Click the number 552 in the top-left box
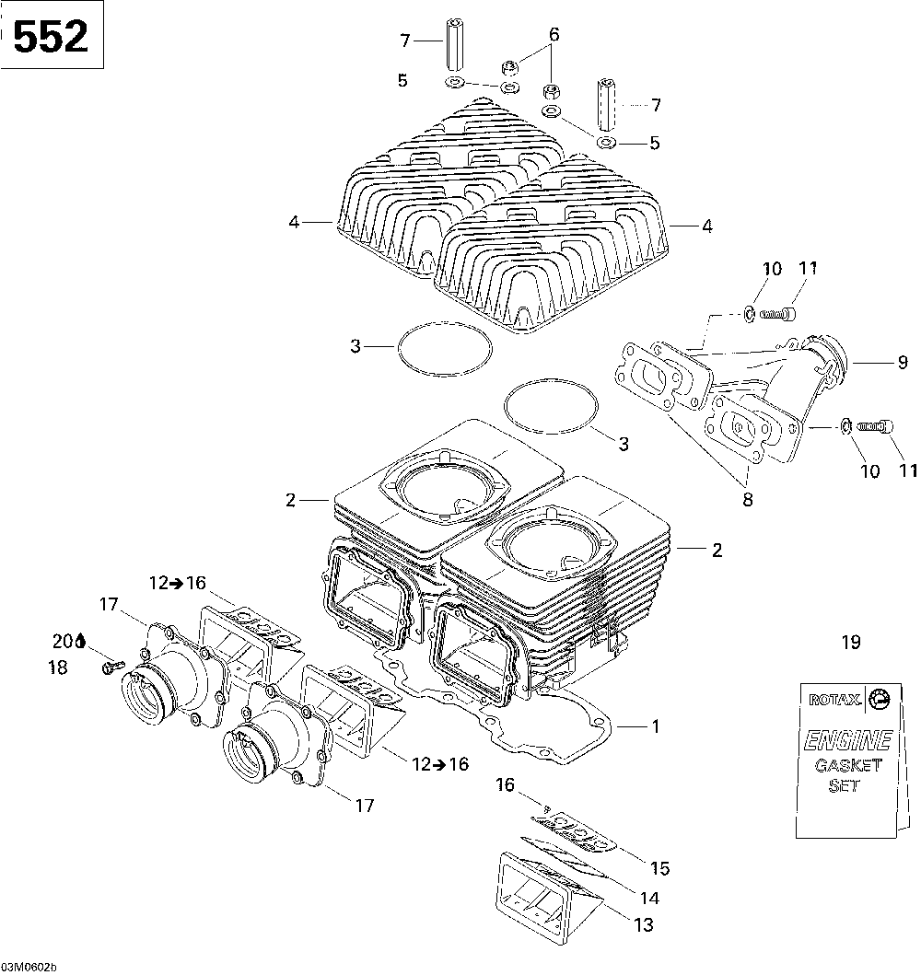click(51, 36)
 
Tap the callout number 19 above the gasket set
click(850, 643)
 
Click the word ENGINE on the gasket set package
click(847, 739)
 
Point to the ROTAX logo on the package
click(835, 700)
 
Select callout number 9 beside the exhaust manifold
click(903, 363)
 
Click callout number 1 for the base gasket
click(655, 726)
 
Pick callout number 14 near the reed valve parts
click(649, 897)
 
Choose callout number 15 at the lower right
click(659, 868)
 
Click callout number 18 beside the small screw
click(57, 668)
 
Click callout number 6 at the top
click(554, 35)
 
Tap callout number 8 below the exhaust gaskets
click(746, 500)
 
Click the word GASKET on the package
click(847, 766)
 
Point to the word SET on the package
click(844, 786)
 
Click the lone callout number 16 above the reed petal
click(505, 784)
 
